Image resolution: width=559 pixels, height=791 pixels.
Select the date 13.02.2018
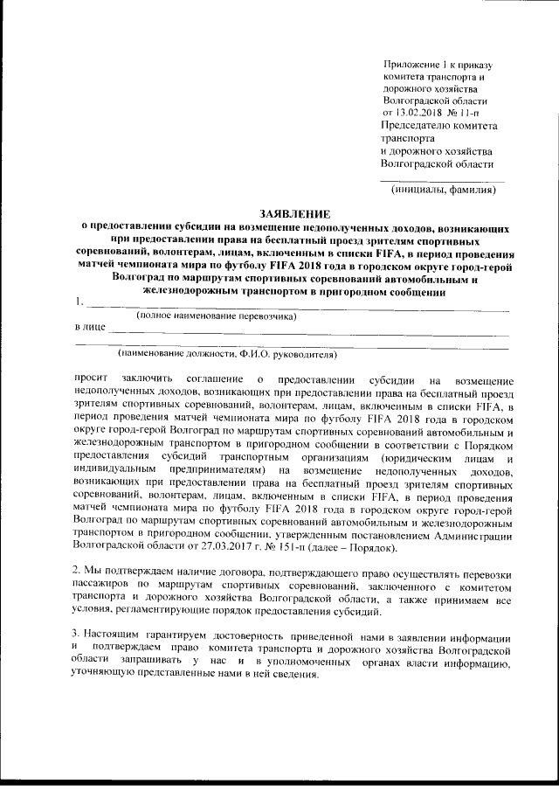click(x=418, y=113)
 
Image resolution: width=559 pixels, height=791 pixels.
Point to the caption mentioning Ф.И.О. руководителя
click(x=227, y=355)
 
